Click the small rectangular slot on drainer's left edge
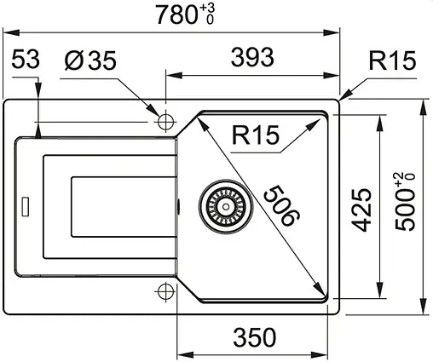pyautogui.click(x=26, y=205)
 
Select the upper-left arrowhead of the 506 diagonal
pyautogui.click(x=202, y=123)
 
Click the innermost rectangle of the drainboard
pyautogui.click(x=119, y=206)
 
